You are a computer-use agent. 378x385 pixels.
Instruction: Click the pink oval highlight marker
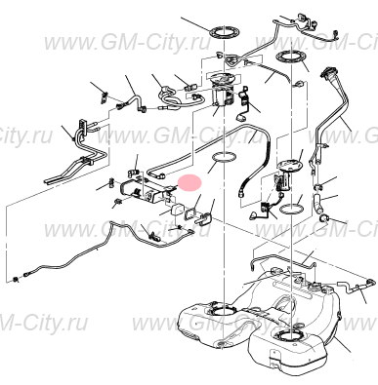191,182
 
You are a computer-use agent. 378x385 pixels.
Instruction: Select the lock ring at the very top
225,32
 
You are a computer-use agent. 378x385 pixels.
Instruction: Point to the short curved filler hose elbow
317,202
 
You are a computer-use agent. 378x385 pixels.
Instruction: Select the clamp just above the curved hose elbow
318,187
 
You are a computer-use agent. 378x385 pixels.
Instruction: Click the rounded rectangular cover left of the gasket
177,210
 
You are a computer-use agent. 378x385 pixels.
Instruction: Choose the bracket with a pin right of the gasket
203,217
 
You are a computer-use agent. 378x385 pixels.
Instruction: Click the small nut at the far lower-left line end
16,279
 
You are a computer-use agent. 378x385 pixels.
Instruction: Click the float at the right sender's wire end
254,215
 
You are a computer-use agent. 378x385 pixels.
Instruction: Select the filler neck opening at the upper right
327,71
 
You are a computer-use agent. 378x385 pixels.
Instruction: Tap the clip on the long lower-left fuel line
153,236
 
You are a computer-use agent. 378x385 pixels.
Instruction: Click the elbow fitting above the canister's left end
133,171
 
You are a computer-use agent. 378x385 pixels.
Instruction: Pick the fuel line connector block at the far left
82,126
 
